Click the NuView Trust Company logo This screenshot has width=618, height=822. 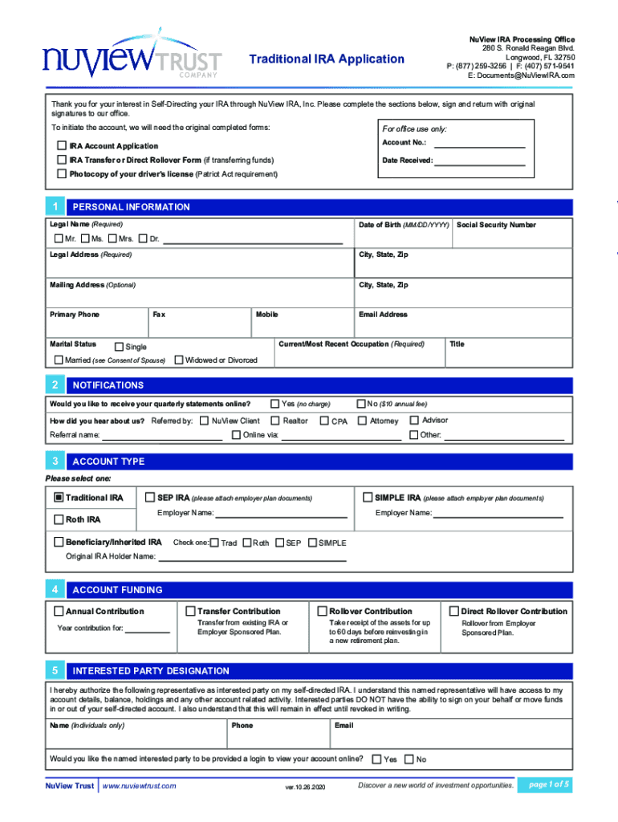(x=132, y=59)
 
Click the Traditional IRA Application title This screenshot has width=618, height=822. (x=327, y=59)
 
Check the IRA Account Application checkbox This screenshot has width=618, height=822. (x=62, y=146)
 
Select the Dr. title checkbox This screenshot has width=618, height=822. (x=144, y=238)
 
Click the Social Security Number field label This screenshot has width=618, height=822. (x=496, y=226)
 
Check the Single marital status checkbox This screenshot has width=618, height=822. (x=119, y=347)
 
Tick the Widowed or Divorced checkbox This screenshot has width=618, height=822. (x=179, y=360)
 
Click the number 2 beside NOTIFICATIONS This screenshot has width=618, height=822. (x=55, y=385)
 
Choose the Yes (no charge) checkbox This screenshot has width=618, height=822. (x=275, y=403)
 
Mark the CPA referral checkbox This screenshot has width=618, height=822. (x=324, y=421)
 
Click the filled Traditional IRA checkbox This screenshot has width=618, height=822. (x=59, y=498)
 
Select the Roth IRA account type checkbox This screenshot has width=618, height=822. (x=59, y=519)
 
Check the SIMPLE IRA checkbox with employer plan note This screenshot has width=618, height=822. (x=368, y=497)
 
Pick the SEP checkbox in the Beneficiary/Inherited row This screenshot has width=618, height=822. (x=279, y=543)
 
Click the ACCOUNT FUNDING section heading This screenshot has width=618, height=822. (x=117, y=590)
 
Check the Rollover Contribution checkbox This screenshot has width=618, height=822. (x=323, y=611)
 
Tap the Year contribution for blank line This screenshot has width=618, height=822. (x=148, y=629)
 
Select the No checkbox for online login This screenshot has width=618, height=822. (x=409, y=759)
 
